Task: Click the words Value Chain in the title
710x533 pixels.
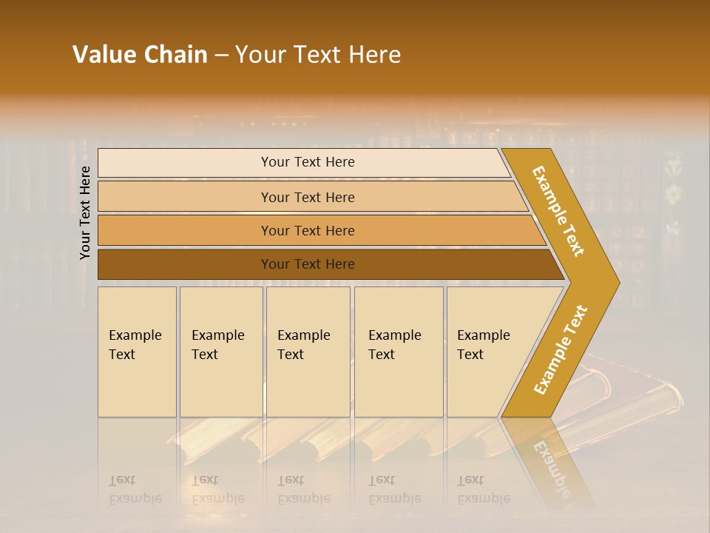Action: (x=140, y=55)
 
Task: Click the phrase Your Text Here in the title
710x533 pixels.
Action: (x=318, y=55)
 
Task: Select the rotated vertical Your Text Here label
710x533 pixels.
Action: (x=85, y=212)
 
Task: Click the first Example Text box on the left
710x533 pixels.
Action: (x=137, y=352)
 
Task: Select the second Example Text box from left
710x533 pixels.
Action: (x=220, y=352)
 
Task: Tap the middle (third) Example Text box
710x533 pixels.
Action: (x=308, y=352)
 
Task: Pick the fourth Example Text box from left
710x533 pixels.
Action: (x=398, y=352)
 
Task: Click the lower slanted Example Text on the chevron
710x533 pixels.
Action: (x=561, y=350)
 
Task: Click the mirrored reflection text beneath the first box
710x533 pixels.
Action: (x=135, y=489)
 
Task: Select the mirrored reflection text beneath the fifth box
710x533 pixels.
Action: (x=484, y=489)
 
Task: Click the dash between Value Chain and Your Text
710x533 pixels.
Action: (x=221, y=56)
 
